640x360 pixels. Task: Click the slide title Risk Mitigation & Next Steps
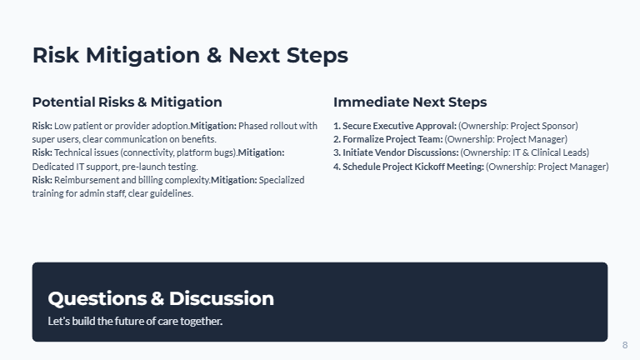point(190,55)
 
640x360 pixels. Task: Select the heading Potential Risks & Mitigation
point(127,102)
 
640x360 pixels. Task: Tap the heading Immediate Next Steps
point(410,102)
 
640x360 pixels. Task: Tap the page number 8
point(625,345)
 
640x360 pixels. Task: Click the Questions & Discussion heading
point(161,298)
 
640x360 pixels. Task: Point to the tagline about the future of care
point(135,321)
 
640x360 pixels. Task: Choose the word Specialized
point(282,180)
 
